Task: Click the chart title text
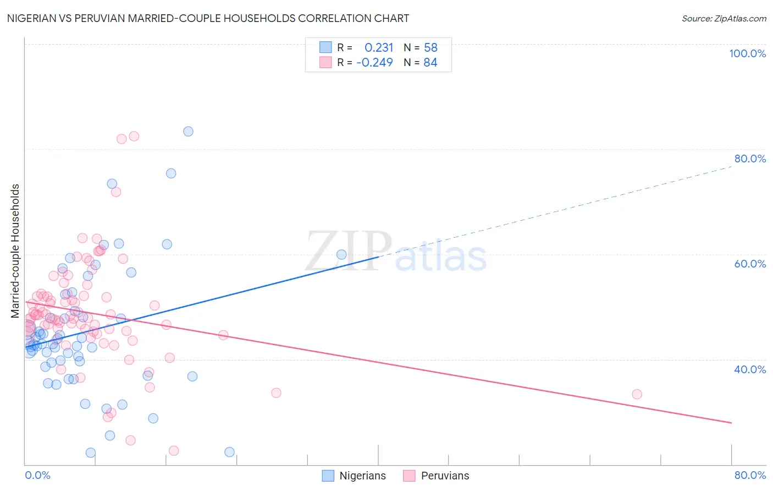coord(208,18)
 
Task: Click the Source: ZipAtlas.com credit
coord(724,18)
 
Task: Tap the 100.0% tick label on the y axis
coord(747,53)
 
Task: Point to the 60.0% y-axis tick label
coord(750,264)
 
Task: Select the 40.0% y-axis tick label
coord(750,369)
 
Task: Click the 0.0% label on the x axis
coord(37,475)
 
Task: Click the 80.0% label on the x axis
coord(750,475)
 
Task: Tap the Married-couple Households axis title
coord(15,251)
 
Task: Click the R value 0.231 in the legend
coord(379,47)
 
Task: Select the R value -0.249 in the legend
coord(374,62)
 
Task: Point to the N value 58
coord(430,47)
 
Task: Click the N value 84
coord(430,62)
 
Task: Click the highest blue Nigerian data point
coord(188,131)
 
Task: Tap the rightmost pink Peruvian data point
coord(637,394)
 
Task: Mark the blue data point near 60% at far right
coord(341,254)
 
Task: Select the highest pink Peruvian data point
coord(134,136)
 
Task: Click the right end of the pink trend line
coord(731,423)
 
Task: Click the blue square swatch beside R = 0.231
coord(325,47)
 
